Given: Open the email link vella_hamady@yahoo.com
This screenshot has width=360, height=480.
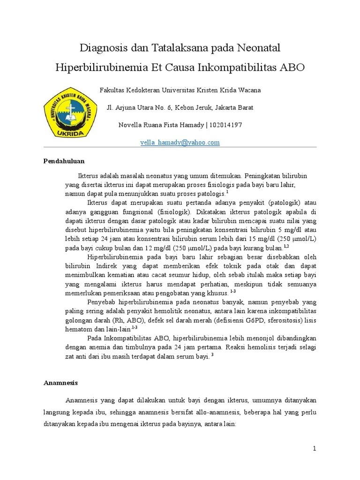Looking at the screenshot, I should (x=180, y=142).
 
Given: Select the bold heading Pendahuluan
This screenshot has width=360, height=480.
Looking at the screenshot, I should (x=64, y=161).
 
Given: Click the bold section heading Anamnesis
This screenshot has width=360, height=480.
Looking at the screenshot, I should (x=60, y=382).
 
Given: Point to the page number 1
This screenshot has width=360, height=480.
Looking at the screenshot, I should (x=315, y=449).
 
